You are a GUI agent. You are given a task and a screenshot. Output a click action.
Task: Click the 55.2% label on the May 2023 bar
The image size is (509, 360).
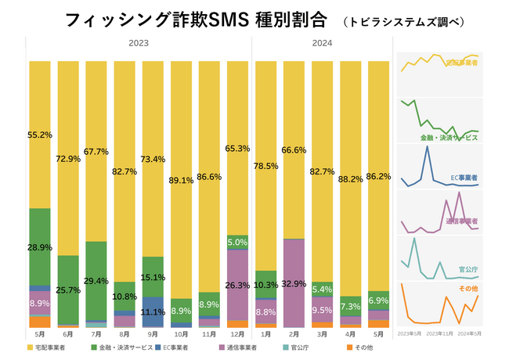40,135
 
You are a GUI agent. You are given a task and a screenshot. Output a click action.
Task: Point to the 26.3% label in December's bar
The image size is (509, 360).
237,285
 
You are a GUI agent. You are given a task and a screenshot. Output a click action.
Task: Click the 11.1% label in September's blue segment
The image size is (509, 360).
153,311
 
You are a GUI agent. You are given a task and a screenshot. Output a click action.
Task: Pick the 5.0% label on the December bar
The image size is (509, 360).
237,243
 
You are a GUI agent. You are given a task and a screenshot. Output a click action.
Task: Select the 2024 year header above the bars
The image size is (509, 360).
320,44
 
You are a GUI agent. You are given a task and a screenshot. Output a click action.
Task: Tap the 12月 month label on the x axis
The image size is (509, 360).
237,333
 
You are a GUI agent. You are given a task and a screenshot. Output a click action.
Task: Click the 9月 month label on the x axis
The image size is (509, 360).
153,333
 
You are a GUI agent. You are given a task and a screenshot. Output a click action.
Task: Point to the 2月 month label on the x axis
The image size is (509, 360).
294,333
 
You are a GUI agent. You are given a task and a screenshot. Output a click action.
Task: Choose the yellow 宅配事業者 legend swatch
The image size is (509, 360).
30,347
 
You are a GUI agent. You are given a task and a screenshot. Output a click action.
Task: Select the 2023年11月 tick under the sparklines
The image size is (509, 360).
439,333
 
